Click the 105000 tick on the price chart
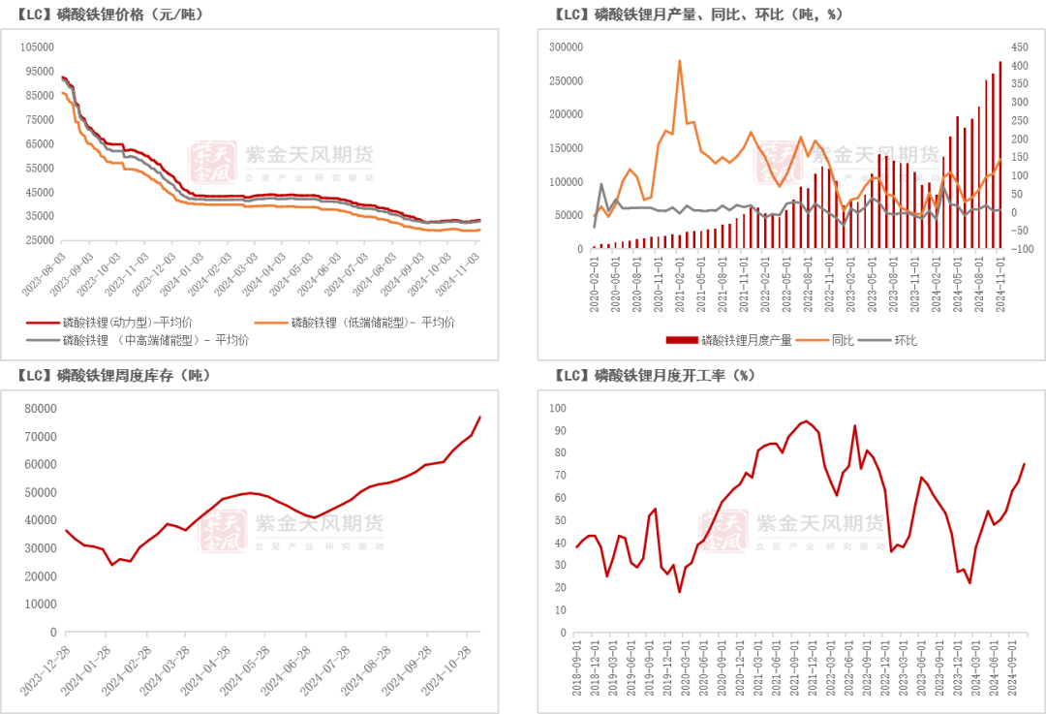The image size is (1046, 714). click(x=37, y=47)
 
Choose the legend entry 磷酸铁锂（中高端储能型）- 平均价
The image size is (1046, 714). click(x=156, y=340)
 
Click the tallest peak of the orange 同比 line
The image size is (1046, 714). click(x=680, y=61)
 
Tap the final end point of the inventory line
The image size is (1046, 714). click(x=480, y=417)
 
